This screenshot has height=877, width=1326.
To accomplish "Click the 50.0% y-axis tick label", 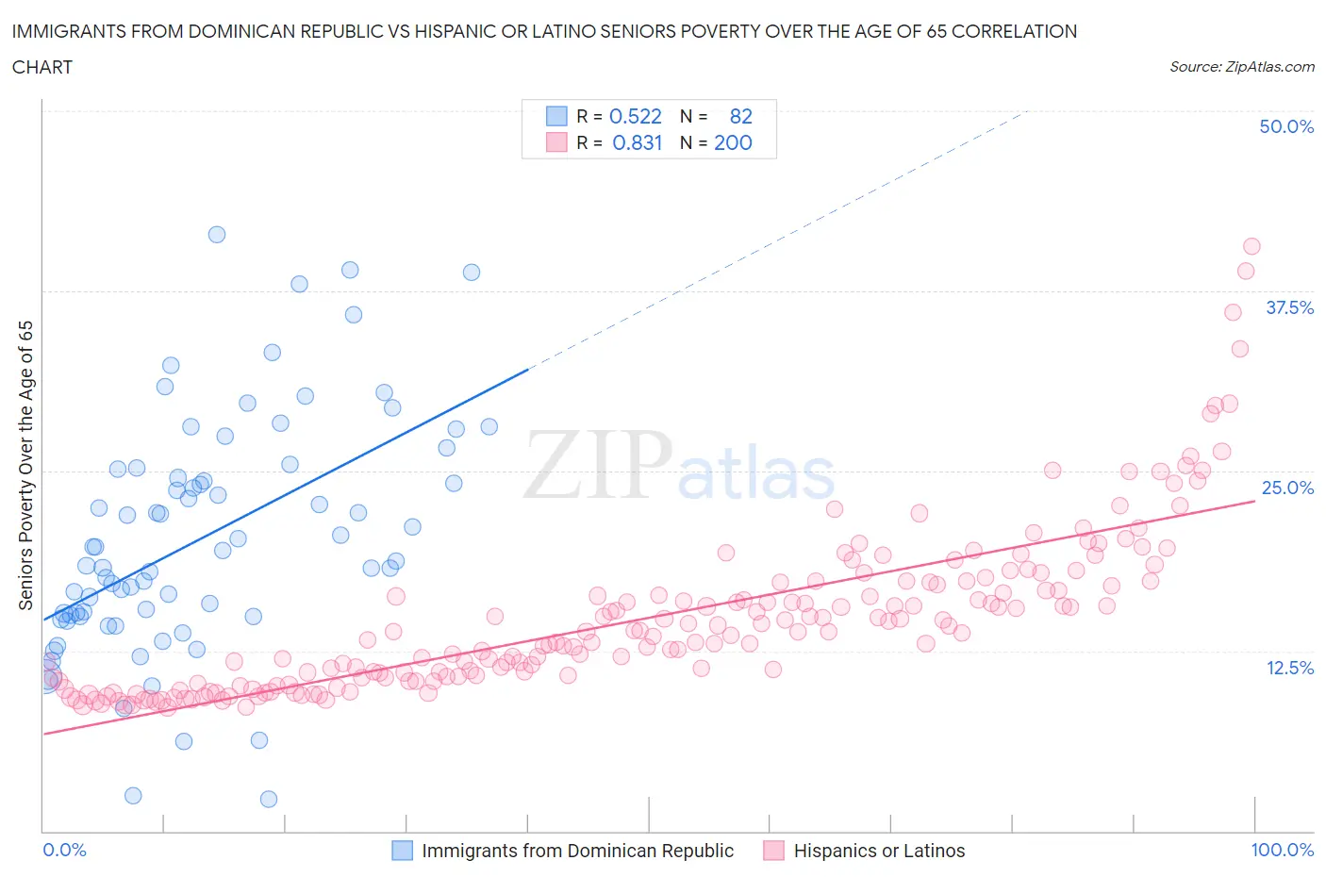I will click(1286, 126).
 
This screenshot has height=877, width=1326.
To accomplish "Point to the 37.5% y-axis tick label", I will click(1289, 307).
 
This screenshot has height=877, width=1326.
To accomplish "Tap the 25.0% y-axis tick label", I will click(1287, 488).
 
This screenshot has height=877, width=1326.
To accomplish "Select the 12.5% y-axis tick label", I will click(1289, 668).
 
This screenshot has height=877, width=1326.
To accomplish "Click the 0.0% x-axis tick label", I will click(64, 850).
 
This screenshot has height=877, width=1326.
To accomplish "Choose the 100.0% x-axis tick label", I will click(1282, 850).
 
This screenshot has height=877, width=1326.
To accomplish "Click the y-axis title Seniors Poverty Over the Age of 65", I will click(25, 465).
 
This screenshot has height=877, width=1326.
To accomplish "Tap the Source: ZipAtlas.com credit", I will click(1241, 67).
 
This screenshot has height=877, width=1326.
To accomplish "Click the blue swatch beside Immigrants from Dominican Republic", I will click(403, 851).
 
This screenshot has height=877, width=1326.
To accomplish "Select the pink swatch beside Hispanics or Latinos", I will click(774, 851).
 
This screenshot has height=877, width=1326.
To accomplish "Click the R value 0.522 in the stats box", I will click(635, 116).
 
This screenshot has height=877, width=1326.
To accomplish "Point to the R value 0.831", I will click(637, 142).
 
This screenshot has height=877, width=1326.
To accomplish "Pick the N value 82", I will click(740, 116).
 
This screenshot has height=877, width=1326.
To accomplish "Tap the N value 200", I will click(733, 142).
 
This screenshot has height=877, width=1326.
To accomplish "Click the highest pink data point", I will click(1251, 246).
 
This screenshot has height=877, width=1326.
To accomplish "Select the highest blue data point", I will click(217, 235).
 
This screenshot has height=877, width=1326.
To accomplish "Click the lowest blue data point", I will click(269, 799).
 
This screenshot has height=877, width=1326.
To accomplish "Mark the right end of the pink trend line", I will click(1254, 501).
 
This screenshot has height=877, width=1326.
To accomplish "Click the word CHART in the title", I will click(42, 67).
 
